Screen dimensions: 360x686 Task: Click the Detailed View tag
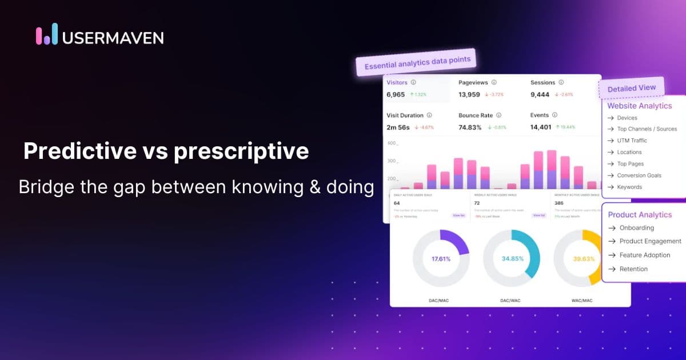pos(631,89)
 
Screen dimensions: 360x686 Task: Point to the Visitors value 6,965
pos(396,94)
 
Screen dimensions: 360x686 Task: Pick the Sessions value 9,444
pos(540,94)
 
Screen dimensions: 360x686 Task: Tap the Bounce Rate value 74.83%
pos(470,127)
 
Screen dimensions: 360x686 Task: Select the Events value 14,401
pos(541,127)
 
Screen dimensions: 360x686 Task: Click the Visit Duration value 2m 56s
pos(398,127)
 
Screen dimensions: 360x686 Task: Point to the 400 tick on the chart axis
pos(392,143)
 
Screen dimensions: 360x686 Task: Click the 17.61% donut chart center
pos(441,258)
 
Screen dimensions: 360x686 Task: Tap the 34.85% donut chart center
pos(512,258)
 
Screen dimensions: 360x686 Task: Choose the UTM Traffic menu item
pos(632,141)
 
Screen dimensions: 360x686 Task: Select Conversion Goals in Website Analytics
pos(639,175)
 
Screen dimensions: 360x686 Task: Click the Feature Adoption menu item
pos(644,255)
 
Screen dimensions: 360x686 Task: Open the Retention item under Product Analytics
pos(633,269)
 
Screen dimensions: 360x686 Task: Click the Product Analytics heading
pos(640,215)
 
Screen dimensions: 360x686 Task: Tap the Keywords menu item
pos(629,187)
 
